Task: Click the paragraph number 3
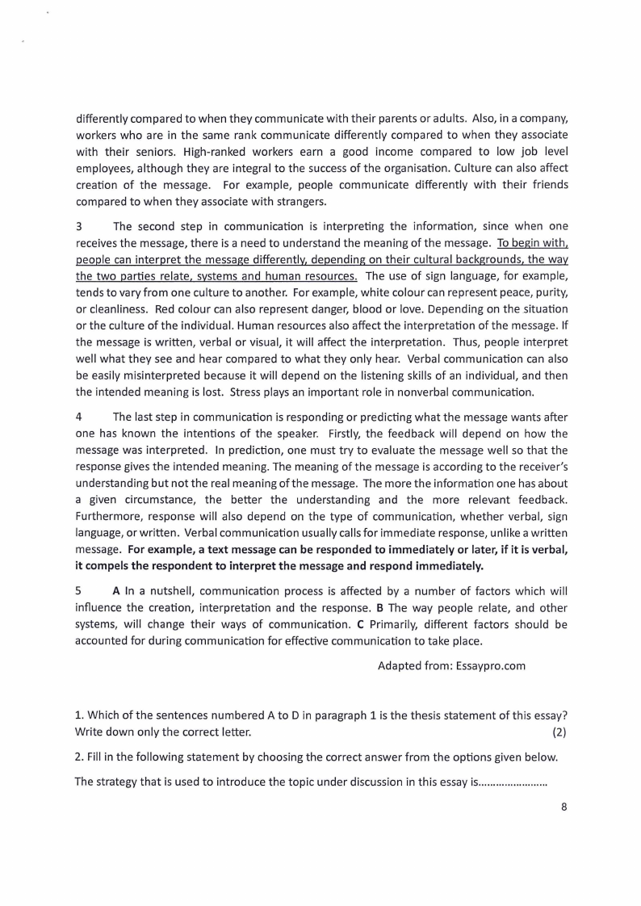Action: click(79, 226)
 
